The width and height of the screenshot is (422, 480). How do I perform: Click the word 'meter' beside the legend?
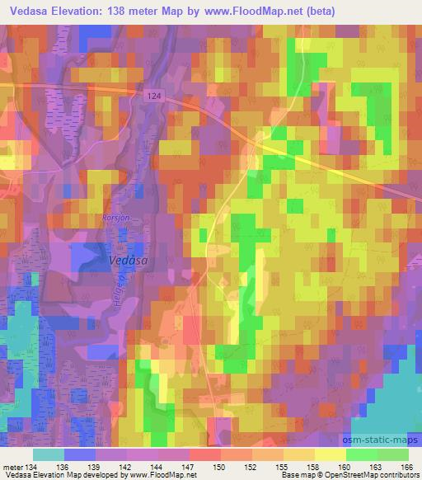(13, 466)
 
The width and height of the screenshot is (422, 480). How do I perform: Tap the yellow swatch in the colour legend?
(331, 454)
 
